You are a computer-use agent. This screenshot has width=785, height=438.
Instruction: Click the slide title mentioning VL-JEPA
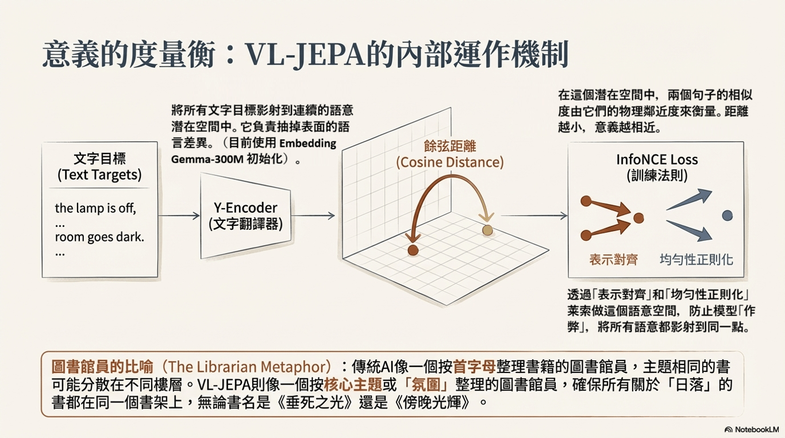[305, 55]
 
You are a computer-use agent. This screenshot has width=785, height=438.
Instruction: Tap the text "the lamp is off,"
[95, 208]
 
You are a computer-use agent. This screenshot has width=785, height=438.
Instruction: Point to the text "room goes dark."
[99, 236]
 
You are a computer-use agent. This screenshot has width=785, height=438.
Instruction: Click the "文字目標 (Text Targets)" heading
[99, 167]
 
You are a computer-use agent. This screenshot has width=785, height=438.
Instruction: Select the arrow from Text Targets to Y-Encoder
[179, 216]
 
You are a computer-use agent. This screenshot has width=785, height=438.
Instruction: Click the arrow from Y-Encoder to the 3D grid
[313, 216]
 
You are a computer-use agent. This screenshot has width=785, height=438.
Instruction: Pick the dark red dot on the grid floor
[413, 250]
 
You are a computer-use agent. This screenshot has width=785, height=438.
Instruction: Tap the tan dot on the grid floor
[487, 230]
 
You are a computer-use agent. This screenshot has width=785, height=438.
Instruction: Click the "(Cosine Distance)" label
[449, 163]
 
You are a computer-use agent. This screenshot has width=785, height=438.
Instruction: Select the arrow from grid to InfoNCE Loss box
[534, 216]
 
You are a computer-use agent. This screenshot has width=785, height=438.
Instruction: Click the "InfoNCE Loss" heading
[656, 160]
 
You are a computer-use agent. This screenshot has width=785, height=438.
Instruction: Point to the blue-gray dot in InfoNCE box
[727, 216]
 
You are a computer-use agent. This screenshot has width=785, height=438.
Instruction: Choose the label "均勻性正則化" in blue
[696, 260]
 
